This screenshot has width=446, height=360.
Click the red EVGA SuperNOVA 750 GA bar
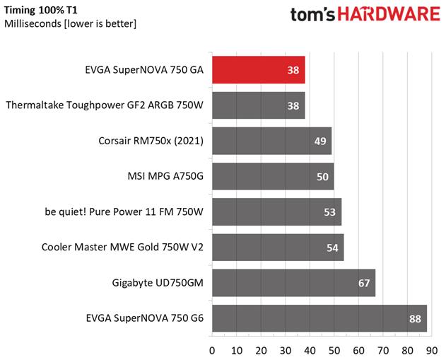(258, 70)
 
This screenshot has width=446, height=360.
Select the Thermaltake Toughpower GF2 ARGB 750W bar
(258, 105)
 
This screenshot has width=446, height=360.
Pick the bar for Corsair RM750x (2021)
(271, 141)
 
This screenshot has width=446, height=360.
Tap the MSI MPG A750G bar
(273, 176)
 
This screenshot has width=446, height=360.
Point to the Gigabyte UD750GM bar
(293, 283)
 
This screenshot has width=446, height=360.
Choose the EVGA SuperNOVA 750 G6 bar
(319, 318)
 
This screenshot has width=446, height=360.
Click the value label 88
(415, 318)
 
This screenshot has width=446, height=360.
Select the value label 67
(364, 283)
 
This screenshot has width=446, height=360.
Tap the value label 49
(320, 141)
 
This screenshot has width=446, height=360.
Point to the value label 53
(330, 212)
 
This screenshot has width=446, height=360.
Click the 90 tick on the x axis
(431, 349)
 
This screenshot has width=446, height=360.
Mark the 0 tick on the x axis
(212, 349)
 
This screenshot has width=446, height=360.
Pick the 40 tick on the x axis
(310, 349)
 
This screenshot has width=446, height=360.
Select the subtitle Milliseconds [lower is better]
(71, 24)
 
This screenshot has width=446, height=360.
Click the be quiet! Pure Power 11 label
(123, 212)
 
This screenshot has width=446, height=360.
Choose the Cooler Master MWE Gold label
(122, 248)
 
